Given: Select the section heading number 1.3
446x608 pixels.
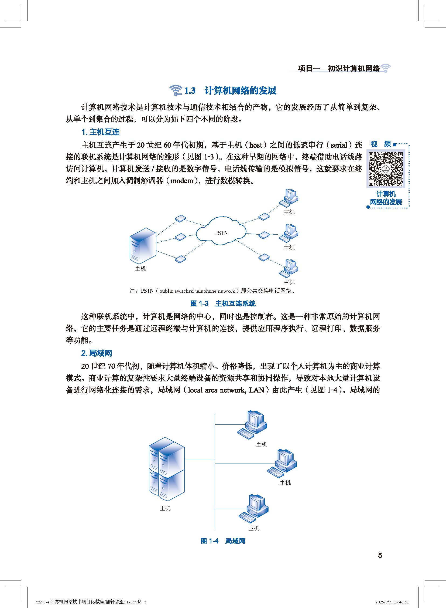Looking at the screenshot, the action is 190,91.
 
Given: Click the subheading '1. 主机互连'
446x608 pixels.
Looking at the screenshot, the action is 100,132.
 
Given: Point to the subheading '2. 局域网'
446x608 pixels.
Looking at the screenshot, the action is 96,353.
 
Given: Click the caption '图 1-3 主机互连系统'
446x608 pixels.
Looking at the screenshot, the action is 223,303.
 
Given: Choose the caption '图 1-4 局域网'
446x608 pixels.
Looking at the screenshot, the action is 223,541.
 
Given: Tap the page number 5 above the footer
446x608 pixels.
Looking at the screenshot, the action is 380,555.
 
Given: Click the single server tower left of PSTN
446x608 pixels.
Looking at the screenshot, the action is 143,246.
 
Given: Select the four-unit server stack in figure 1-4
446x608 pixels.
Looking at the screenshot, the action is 167,469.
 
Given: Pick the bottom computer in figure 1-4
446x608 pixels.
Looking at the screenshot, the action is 254,508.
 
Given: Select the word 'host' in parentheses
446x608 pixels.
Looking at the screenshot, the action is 256,145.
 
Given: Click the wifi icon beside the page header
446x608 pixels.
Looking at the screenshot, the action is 386,68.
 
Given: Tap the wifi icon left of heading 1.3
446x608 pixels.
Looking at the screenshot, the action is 176,90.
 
